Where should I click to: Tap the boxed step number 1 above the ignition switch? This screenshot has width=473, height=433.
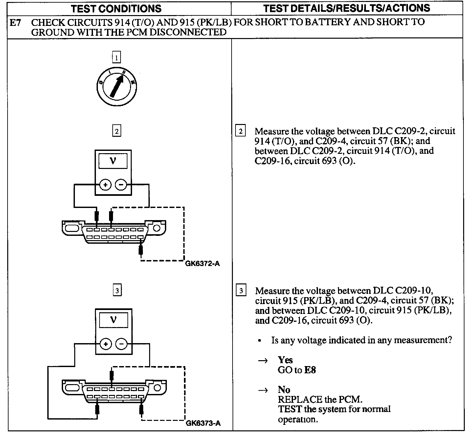tap(116, 58)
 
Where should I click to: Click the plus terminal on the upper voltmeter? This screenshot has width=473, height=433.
tap(105, 185)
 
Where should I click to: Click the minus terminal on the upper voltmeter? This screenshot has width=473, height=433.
tap(121, 185)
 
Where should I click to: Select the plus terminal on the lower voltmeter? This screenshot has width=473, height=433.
tap(106, 344)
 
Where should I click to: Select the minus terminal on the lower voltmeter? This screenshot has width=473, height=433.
tap(122, 344)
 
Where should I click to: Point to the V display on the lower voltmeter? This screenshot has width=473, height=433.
tap(114, 320)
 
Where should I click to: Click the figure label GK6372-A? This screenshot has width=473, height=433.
tap(202, 263)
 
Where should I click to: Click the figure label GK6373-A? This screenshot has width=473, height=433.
tap(203, 423)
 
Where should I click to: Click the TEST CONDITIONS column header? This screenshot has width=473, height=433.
tap(116, 9)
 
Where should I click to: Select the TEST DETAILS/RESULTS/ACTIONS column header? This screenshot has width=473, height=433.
tap(347, 8)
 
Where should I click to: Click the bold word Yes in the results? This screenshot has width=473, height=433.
tap(285, 360)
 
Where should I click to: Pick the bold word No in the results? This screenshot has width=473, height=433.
tap(284, 390)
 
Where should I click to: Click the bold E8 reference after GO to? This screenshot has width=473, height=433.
tap(310, 370)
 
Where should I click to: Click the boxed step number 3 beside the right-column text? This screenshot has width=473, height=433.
tap(241, 291)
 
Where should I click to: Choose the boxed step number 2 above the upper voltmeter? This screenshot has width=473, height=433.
tap(117, 131)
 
